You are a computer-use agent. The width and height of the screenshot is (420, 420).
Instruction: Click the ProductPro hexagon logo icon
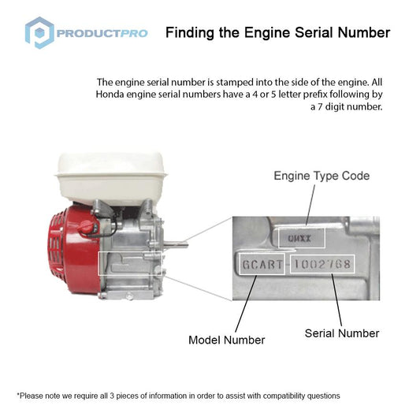[39, 33]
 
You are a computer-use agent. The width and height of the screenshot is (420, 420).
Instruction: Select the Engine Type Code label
[322, 176]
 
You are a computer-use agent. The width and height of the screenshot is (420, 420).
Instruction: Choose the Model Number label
[226, 340]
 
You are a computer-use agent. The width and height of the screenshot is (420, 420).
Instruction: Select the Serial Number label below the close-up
[342, 333]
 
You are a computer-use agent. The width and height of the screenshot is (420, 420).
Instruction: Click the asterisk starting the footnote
[18, 395]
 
